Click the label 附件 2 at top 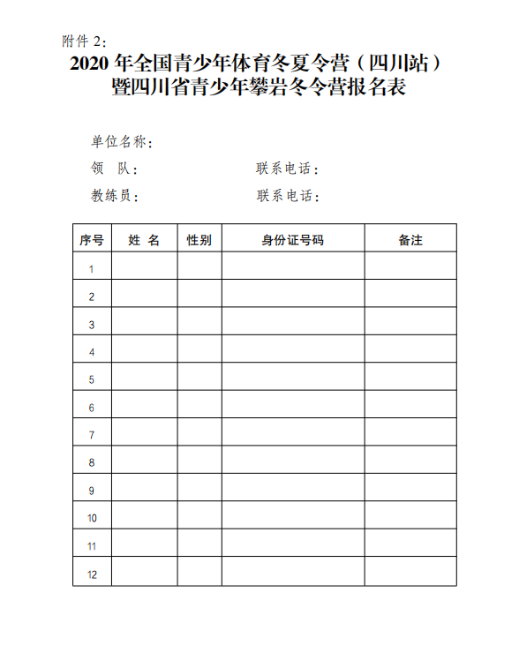85,41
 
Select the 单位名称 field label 123,142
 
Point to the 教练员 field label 114,196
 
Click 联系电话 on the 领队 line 287,169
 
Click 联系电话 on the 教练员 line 287,196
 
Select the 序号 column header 92,240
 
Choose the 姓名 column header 144,240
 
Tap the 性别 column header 199,240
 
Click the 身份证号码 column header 292,240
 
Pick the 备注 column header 410,240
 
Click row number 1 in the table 92,269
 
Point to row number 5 92,380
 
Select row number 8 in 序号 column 92,462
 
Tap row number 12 92,574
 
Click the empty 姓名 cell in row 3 144,325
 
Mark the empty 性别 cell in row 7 199,435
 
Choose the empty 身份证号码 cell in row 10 292,518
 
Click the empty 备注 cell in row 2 410,297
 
